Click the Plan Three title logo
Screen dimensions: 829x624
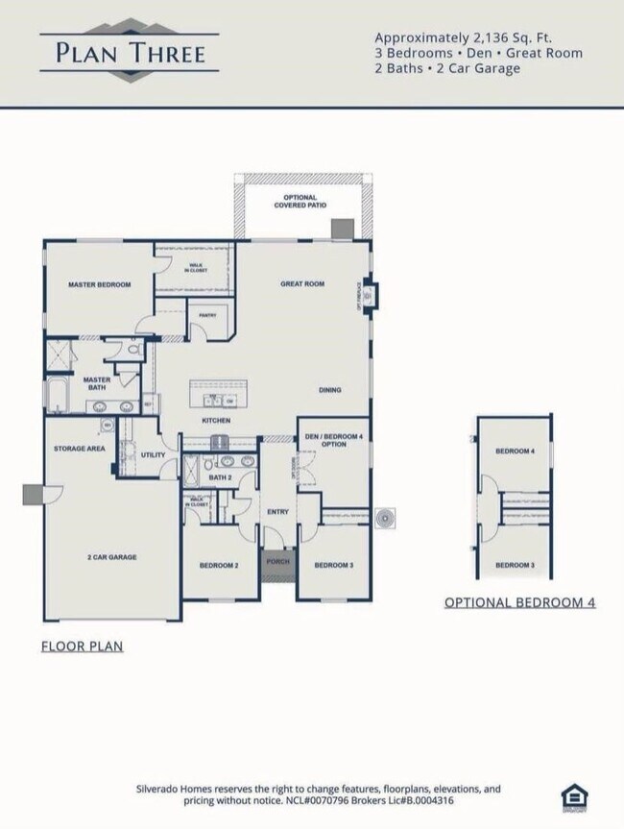[129, 51]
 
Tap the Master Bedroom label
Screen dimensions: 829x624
[99, 285]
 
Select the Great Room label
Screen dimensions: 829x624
[302, 284]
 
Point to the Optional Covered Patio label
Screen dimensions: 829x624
[300, 201]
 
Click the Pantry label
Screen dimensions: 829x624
[206, 315]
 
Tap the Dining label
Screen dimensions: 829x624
[330, 390]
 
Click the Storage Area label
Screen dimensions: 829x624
[80, 449]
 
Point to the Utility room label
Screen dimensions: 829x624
[153, 454]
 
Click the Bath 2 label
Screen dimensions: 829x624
[221, 477]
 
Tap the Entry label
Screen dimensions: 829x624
[277, 512]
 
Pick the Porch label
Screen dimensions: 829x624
[277, 562]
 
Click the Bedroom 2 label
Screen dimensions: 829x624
[219, 565]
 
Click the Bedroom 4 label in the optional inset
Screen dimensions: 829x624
[514, 451]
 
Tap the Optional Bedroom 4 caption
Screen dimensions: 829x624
[519, 602]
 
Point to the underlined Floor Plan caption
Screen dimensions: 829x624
[82, 646]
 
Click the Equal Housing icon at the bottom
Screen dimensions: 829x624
[573, 796]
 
